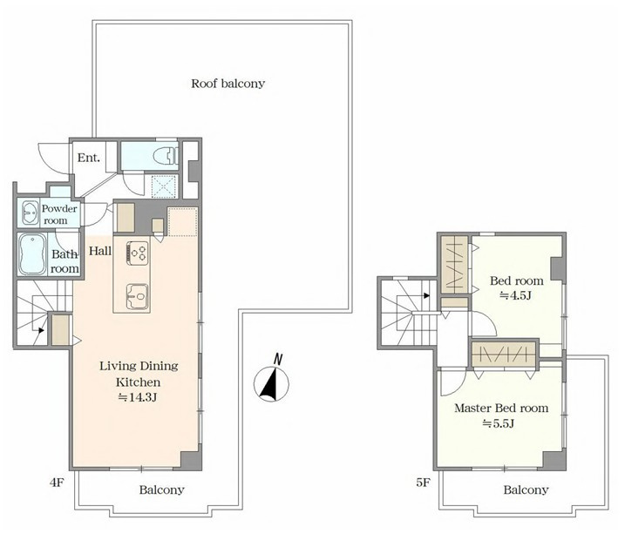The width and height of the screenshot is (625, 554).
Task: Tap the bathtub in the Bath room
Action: tap(32, 255)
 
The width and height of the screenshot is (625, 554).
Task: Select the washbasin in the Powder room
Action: tap(30, 213)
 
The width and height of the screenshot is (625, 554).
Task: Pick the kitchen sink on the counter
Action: tap(138, 297)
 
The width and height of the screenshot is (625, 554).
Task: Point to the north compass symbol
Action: tap(271, 382)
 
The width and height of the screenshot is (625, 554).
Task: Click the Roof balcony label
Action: tap(228, 84)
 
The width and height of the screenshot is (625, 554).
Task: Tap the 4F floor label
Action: tap(57, 483)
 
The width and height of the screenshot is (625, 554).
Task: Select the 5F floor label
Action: tap(423, 483)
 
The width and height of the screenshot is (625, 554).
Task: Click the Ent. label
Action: tap(89, 158)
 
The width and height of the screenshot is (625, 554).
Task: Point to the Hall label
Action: tap(100, 251)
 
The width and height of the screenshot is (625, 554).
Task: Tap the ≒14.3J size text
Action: tap(138, 397)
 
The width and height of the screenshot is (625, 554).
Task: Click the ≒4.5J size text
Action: tap(516, 295)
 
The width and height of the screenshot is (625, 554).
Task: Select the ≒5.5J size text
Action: tap(499, 423)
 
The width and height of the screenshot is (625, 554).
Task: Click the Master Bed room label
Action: tap(501, 409)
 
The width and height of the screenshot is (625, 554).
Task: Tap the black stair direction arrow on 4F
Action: tap(41, 330)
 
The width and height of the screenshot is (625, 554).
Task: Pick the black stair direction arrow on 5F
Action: tap(427, 296)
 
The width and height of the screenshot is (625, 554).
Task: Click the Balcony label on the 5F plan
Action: tap(526, 490)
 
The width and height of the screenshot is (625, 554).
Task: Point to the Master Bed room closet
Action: tap(504, 354)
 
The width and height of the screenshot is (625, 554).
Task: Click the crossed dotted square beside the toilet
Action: tap(164, 186)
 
